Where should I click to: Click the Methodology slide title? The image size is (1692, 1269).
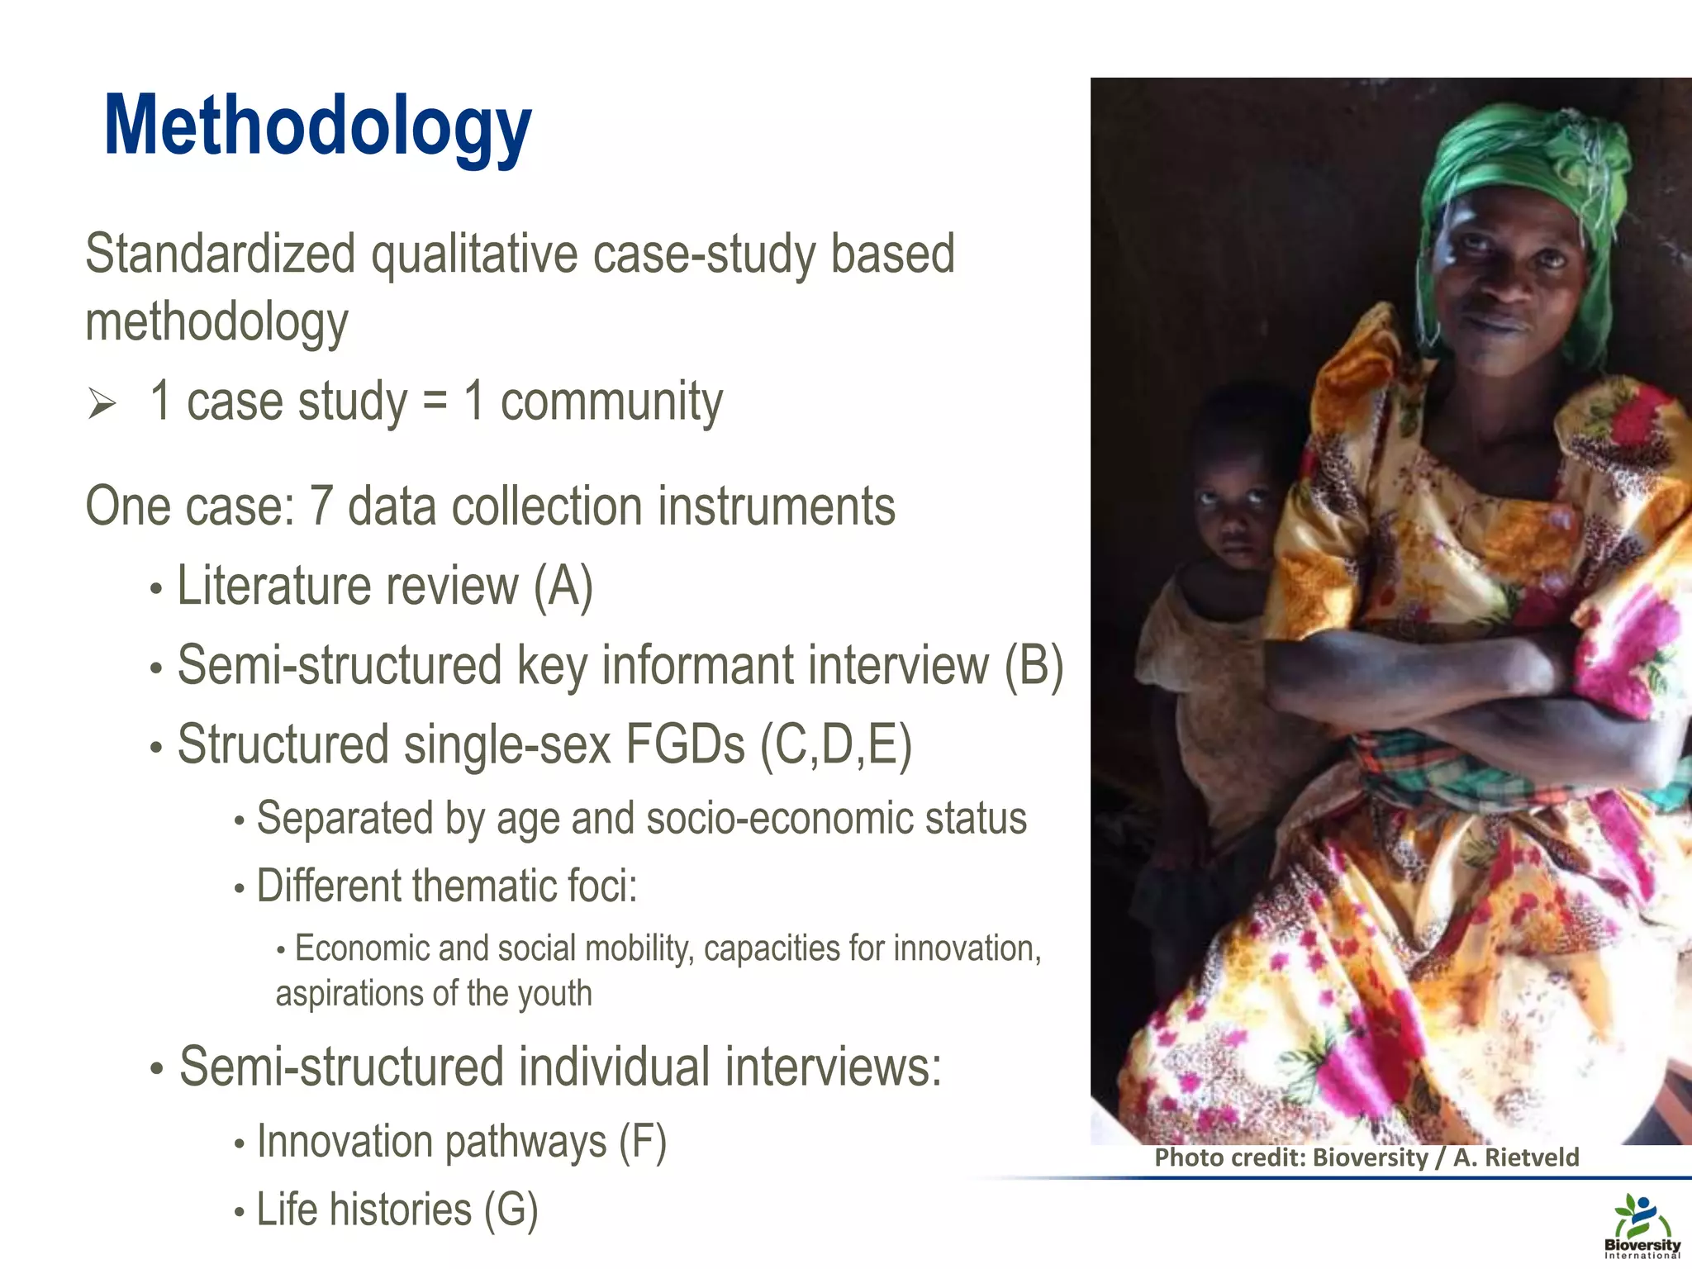tap(318, 126)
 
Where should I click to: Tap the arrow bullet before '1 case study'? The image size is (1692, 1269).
tap(102, 404)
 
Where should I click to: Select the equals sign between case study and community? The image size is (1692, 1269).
tap(435, 402)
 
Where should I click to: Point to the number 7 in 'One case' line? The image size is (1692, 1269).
tap(321, 506)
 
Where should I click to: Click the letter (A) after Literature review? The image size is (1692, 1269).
tap(563, 587)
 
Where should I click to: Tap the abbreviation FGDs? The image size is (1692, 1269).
tap(685, 744)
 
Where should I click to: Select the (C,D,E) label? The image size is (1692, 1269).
tap(836, 744)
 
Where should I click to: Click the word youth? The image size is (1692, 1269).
tap(555, 994)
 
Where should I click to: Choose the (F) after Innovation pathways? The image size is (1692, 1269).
tap(643, 1143)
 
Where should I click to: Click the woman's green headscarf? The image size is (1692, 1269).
tap(1528, 165)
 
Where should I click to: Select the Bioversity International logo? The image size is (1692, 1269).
tap(1642, 1225)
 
